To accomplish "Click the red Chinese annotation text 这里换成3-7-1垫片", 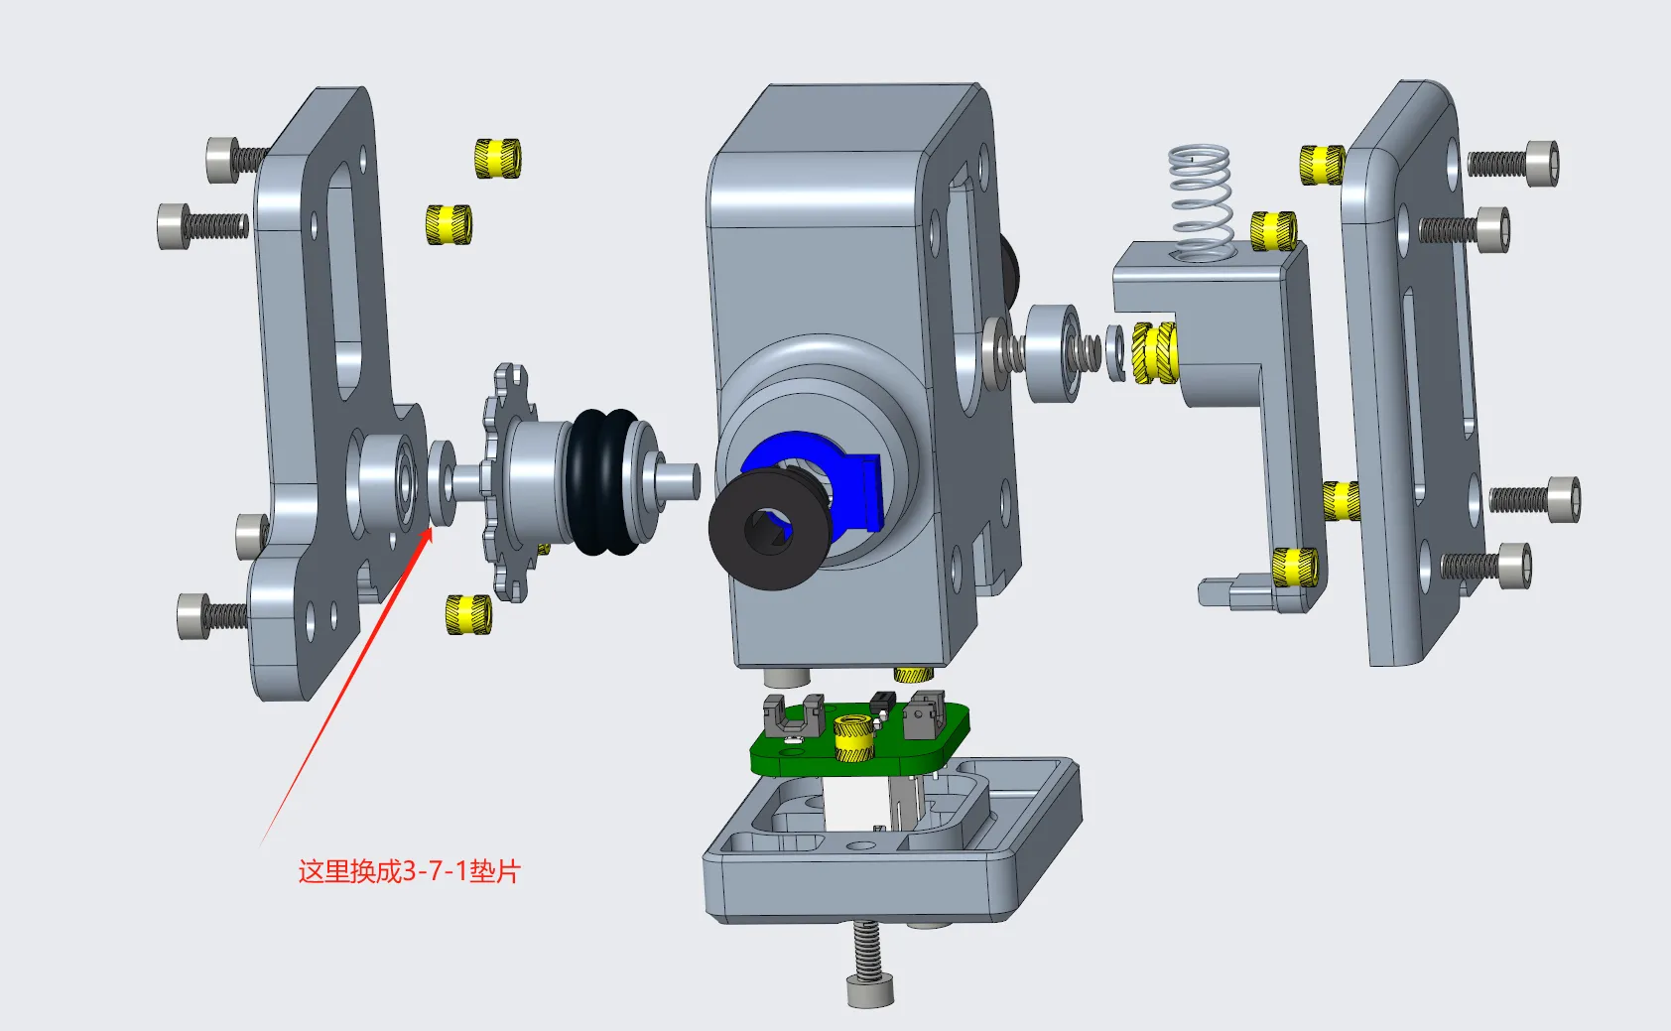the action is coord(409,871).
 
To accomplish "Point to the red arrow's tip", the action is coord(432,528).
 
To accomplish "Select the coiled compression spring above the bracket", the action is coord(1200,202).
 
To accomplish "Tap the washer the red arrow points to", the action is coord(443,482).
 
